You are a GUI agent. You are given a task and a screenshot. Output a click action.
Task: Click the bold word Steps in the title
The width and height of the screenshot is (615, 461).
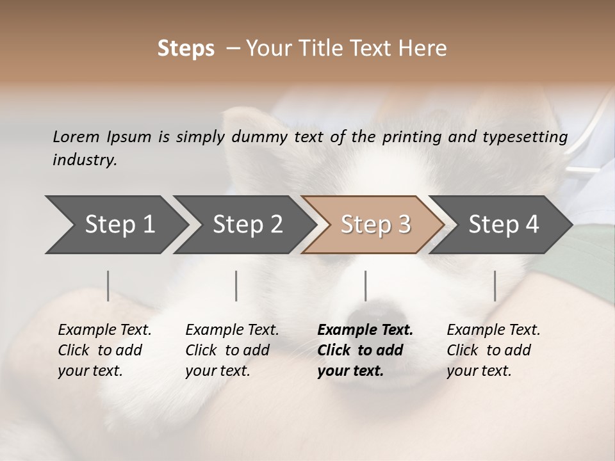click(186, 49)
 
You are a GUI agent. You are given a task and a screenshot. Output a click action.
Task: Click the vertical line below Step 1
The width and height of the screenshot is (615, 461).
click(108, 286)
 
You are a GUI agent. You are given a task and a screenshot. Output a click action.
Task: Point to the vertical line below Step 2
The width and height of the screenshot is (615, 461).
click(236, 286)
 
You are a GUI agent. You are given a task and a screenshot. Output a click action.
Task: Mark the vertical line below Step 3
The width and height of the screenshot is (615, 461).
click(365, 286)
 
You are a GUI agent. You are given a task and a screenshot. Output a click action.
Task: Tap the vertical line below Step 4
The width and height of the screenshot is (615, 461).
click(495, 286)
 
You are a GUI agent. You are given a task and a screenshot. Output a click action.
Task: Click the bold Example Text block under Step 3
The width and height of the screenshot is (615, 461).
click(365, 350)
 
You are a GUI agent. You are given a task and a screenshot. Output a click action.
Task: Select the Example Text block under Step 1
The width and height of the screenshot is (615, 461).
click(104, 350)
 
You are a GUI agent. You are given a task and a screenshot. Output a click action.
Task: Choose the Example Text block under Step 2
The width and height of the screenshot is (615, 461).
click(232, 350)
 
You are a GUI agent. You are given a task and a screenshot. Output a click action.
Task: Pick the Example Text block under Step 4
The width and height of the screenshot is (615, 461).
click(493, 350)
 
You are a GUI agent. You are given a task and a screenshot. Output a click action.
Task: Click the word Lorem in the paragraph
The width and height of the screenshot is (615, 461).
click(76, 136)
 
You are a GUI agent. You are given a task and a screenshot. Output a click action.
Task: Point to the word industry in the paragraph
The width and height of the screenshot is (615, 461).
click(85, 160)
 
